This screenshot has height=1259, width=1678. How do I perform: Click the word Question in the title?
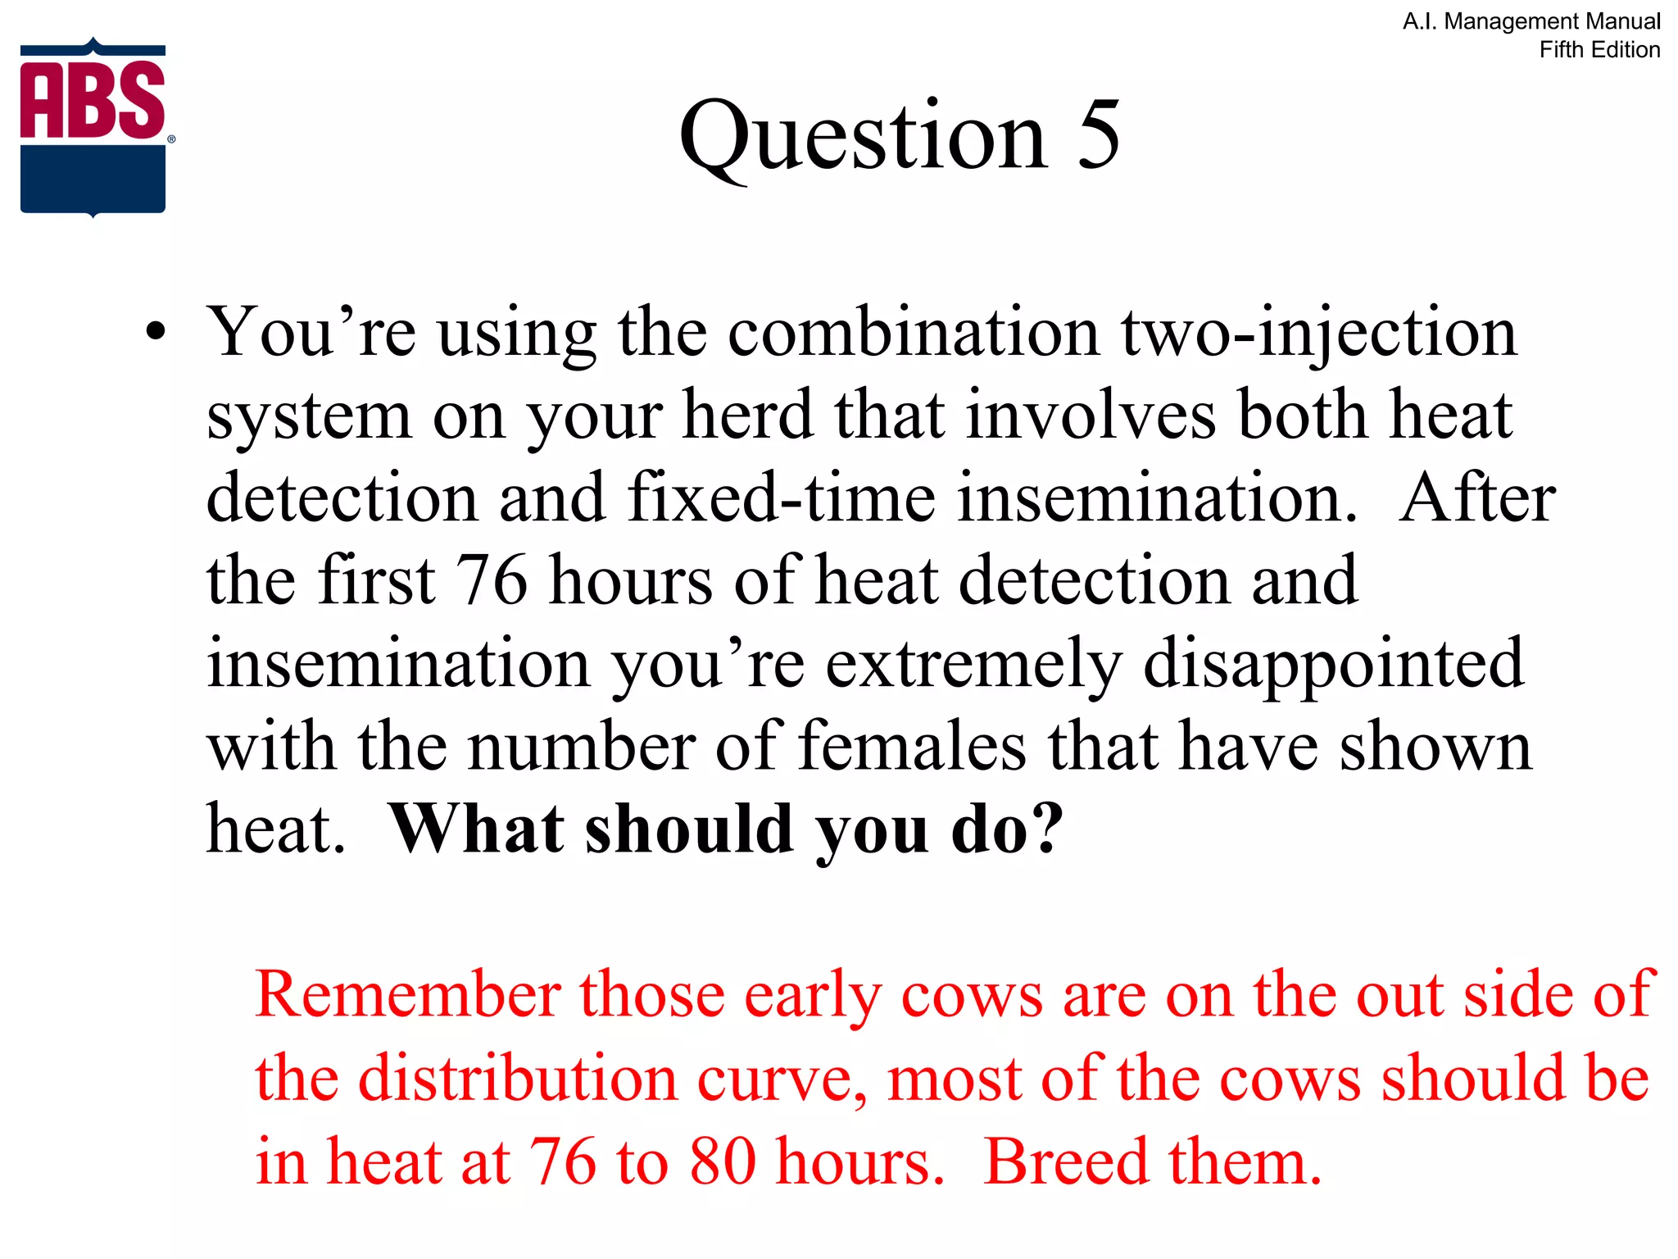(863, 135)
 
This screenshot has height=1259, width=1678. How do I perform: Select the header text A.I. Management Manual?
(1531, 21)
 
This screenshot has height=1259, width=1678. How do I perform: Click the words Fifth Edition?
(1599, 50)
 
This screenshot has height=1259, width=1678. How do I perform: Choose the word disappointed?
(1333, 664)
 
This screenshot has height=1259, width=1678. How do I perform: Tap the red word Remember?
(408, 995)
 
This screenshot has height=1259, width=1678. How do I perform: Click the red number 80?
(723, 1161)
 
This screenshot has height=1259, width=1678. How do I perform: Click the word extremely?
(973, 664)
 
